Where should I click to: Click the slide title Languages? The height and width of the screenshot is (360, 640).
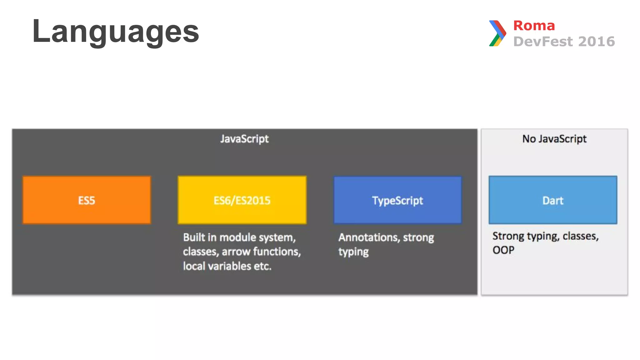(116, 31)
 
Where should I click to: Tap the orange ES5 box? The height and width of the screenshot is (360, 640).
(87, 200)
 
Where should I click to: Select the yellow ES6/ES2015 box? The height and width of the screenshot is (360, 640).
(242, 200)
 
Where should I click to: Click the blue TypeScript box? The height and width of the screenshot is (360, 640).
(397, 200)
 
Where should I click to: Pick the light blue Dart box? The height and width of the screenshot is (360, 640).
(553, 200)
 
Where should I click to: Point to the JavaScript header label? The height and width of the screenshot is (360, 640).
(244, 138)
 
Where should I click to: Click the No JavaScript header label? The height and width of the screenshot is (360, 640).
(554, 138)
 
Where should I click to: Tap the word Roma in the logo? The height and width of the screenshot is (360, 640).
(534, 26)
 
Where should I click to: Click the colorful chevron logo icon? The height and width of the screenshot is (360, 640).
(497, 33)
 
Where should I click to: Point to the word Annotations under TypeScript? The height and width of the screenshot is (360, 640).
(369, 237)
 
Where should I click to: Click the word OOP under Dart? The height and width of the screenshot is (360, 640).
(503, 250)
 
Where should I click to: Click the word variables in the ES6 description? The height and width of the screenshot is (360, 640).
(230, 266)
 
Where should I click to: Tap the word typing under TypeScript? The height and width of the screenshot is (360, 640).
(353, 252)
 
